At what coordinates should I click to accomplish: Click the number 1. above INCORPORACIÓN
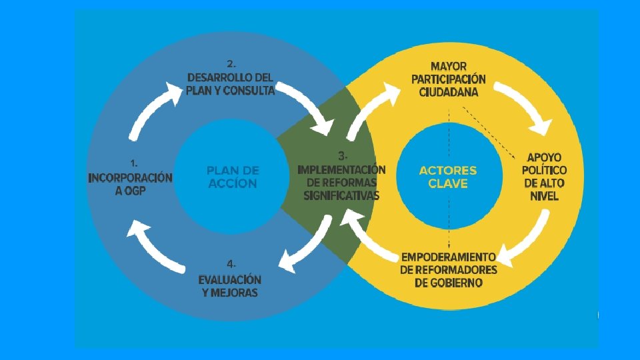(x=134, y=162)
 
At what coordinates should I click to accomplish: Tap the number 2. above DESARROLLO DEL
(x=231, y=64)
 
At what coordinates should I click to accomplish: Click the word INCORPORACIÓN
(x=131, y=178)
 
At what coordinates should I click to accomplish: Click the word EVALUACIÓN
(x=230, y=279)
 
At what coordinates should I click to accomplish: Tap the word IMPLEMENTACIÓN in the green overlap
(x=341, y=169)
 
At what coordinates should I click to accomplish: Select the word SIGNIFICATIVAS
(x=341, y=195)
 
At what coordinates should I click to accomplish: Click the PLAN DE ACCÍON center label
(x=233, y=177)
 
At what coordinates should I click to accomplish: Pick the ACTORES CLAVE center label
(x=448, y=177)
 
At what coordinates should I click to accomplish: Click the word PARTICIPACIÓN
(x=449, y=79)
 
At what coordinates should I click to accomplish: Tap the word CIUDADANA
(x=449, y=93)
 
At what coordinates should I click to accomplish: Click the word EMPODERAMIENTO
(x=448, y=257)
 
